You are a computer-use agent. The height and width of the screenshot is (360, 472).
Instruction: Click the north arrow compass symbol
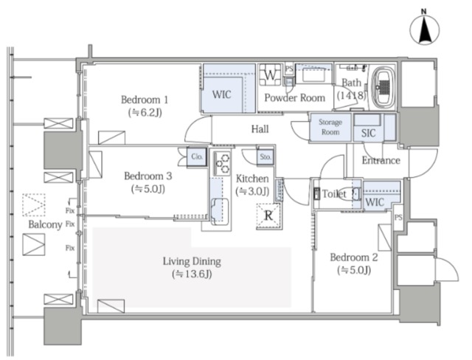(x=425, y=30)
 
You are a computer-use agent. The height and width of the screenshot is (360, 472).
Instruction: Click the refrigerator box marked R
(x=268, y=216)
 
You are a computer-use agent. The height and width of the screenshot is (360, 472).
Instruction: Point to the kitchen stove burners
(x=223, y=163)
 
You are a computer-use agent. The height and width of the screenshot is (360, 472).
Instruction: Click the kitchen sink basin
(x=220, y=211)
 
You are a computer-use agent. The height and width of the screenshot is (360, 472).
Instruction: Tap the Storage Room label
(x=330, y=127)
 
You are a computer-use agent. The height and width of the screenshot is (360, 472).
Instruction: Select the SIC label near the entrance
(x=369, y=133)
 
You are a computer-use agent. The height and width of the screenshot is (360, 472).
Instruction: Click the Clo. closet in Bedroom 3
(x=197, y=157)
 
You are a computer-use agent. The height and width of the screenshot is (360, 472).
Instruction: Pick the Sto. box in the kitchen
(x=265, y=157)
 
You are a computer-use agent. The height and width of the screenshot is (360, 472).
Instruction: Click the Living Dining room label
(x=192, y=261)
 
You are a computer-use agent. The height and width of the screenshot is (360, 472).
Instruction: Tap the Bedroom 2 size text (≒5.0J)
(x=354, y=271)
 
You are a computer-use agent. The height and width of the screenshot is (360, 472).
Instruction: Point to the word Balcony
(x=45, y=224)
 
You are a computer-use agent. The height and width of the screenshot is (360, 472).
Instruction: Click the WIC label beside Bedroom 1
(x=222, y=94)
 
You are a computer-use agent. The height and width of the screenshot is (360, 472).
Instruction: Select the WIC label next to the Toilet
(x=375, y=202)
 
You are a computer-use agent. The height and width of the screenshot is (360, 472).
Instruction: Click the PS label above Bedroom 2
(x=398, y=218)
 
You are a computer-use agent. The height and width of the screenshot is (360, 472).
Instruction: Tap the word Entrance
(x=381, y=160)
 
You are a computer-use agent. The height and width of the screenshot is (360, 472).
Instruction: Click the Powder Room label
(x=295, y=98)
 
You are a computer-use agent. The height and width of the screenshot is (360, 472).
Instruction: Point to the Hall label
(x=260, y=129)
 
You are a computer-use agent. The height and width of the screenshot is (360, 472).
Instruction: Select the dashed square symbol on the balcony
(x=34, y=205)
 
